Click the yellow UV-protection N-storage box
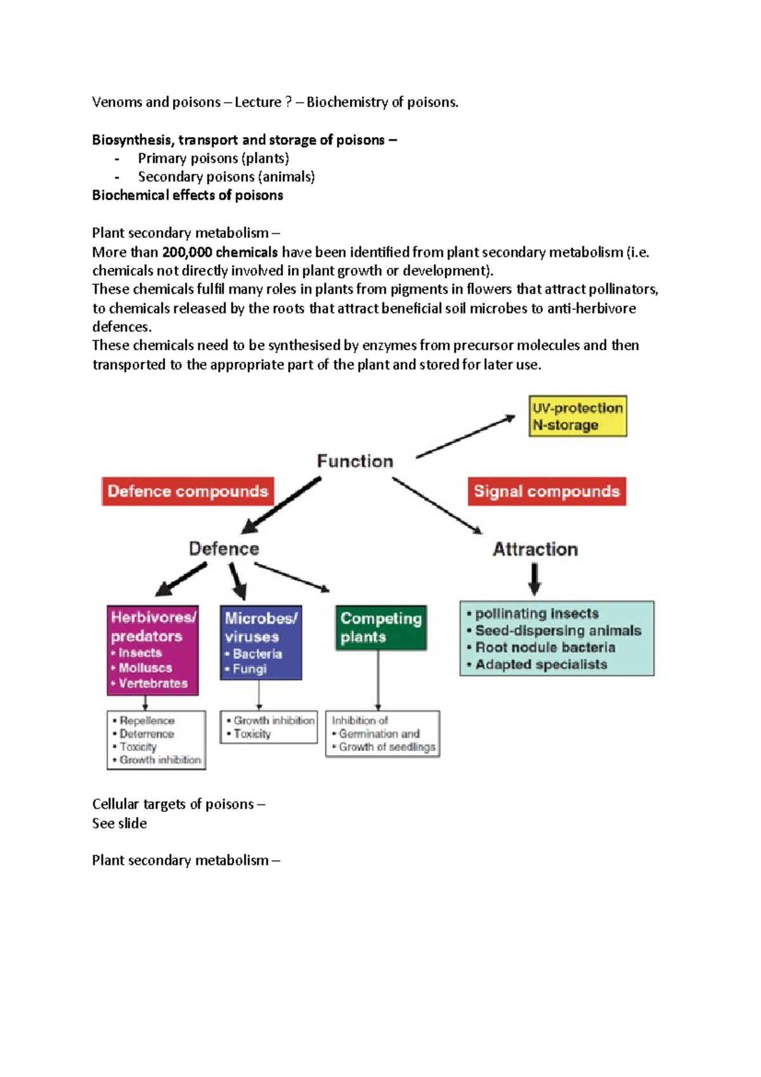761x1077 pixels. pos(578,416)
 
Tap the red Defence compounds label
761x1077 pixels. pos(188,492)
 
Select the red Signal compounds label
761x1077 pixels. pos(547,492)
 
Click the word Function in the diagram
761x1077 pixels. pos(355,461)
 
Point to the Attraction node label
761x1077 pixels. pos(536,549)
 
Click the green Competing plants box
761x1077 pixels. pos(381,627)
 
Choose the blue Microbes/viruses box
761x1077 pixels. pos(261,643)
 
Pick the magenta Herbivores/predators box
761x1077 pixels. pos(153,650)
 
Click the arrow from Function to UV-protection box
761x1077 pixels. pos(465,436)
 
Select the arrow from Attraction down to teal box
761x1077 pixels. pos(535,578)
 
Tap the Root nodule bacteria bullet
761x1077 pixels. pos(545,648)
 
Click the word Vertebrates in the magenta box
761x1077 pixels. pos(153,683)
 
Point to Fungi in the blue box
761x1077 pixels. pos(249,669)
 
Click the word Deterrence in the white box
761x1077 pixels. pos(146,734)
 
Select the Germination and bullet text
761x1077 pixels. pos(379,734)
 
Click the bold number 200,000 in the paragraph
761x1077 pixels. pos(187,252)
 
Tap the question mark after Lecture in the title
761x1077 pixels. pos(289,102)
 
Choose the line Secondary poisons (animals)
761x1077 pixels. pos(226,177)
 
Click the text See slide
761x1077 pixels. pos(119,823)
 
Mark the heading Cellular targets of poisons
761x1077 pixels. pos(173,804)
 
